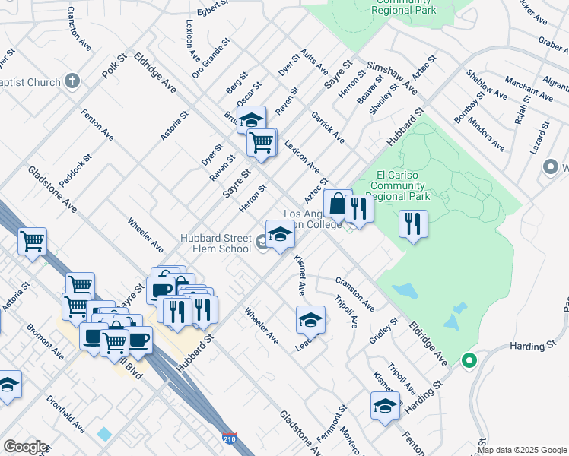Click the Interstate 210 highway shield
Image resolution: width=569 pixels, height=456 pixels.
[x=230, y=439]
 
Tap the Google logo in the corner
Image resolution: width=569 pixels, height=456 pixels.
[x=25, y=447]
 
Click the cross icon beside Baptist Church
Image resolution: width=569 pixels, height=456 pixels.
[x=72, y=80]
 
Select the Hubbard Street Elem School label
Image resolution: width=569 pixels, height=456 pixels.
[x=215, y=243]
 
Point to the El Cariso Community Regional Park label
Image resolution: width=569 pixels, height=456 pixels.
[x=399, y=185]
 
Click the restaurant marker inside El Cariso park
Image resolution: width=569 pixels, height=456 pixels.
[x=413, y=223]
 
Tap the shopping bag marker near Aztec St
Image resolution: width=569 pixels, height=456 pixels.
[x=335, y=203]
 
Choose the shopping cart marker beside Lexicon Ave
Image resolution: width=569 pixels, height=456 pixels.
[x=261, y=141]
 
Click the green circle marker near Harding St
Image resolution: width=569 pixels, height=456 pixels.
[x=469, y=361]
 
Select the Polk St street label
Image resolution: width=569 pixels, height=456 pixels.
[x=113, y=66]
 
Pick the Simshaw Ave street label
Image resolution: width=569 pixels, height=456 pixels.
[x=392, y=78]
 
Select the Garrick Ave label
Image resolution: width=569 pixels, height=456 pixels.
[x=328, y=127]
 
